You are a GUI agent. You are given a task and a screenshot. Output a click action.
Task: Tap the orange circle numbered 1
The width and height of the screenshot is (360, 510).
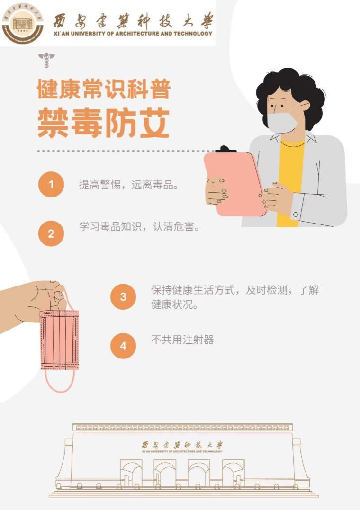(x=51, y=184)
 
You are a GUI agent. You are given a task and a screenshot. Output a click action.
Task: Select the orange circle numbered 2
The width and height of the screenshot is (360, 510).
(x=51, y=233)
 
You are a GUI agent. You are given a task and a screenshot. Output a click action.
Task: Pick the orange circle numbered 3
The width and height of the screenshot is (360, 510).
(x=123, y=297)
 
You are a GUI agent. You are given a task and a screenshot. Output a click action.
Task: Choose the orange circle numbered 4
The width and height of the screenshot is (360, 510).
(x=123, y=346)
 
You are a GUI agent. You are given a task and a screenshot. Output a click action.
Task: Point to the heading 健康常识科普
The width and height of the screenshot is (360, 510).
(x=103, y=89)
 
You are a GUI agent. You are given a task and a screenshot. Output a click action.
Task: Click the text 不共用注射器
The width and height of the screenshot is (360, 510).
(x=182, y=340)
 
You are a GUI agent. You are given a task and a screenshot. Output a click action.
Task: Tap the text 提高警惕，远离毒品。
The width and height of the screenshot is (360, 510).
(x=128, y=185)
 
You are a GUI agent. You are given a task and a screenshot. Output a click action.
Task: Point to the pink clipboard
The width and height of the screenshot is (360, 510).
(x=234, y=185)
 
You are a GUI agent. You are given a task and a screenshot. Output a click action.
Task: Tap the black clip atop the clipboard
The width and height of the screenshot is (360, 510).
(x=226, y=150)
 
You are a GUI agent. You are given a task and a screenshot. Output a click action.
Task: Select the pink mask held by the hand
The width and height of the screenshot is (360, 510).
(x=59, y=340)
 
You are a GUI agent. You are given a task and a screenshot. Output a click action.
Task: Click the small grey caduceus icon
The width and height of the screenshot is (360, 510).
(x=46, y=61)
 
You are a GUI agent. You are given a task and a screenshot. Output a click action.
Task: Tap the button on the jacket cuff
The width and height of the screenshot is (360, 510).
(x=296, y=215)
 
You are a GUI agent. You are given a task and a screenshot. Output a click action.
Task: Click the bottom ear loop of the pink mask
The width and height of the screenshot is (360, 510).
(x=60, y=383)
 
